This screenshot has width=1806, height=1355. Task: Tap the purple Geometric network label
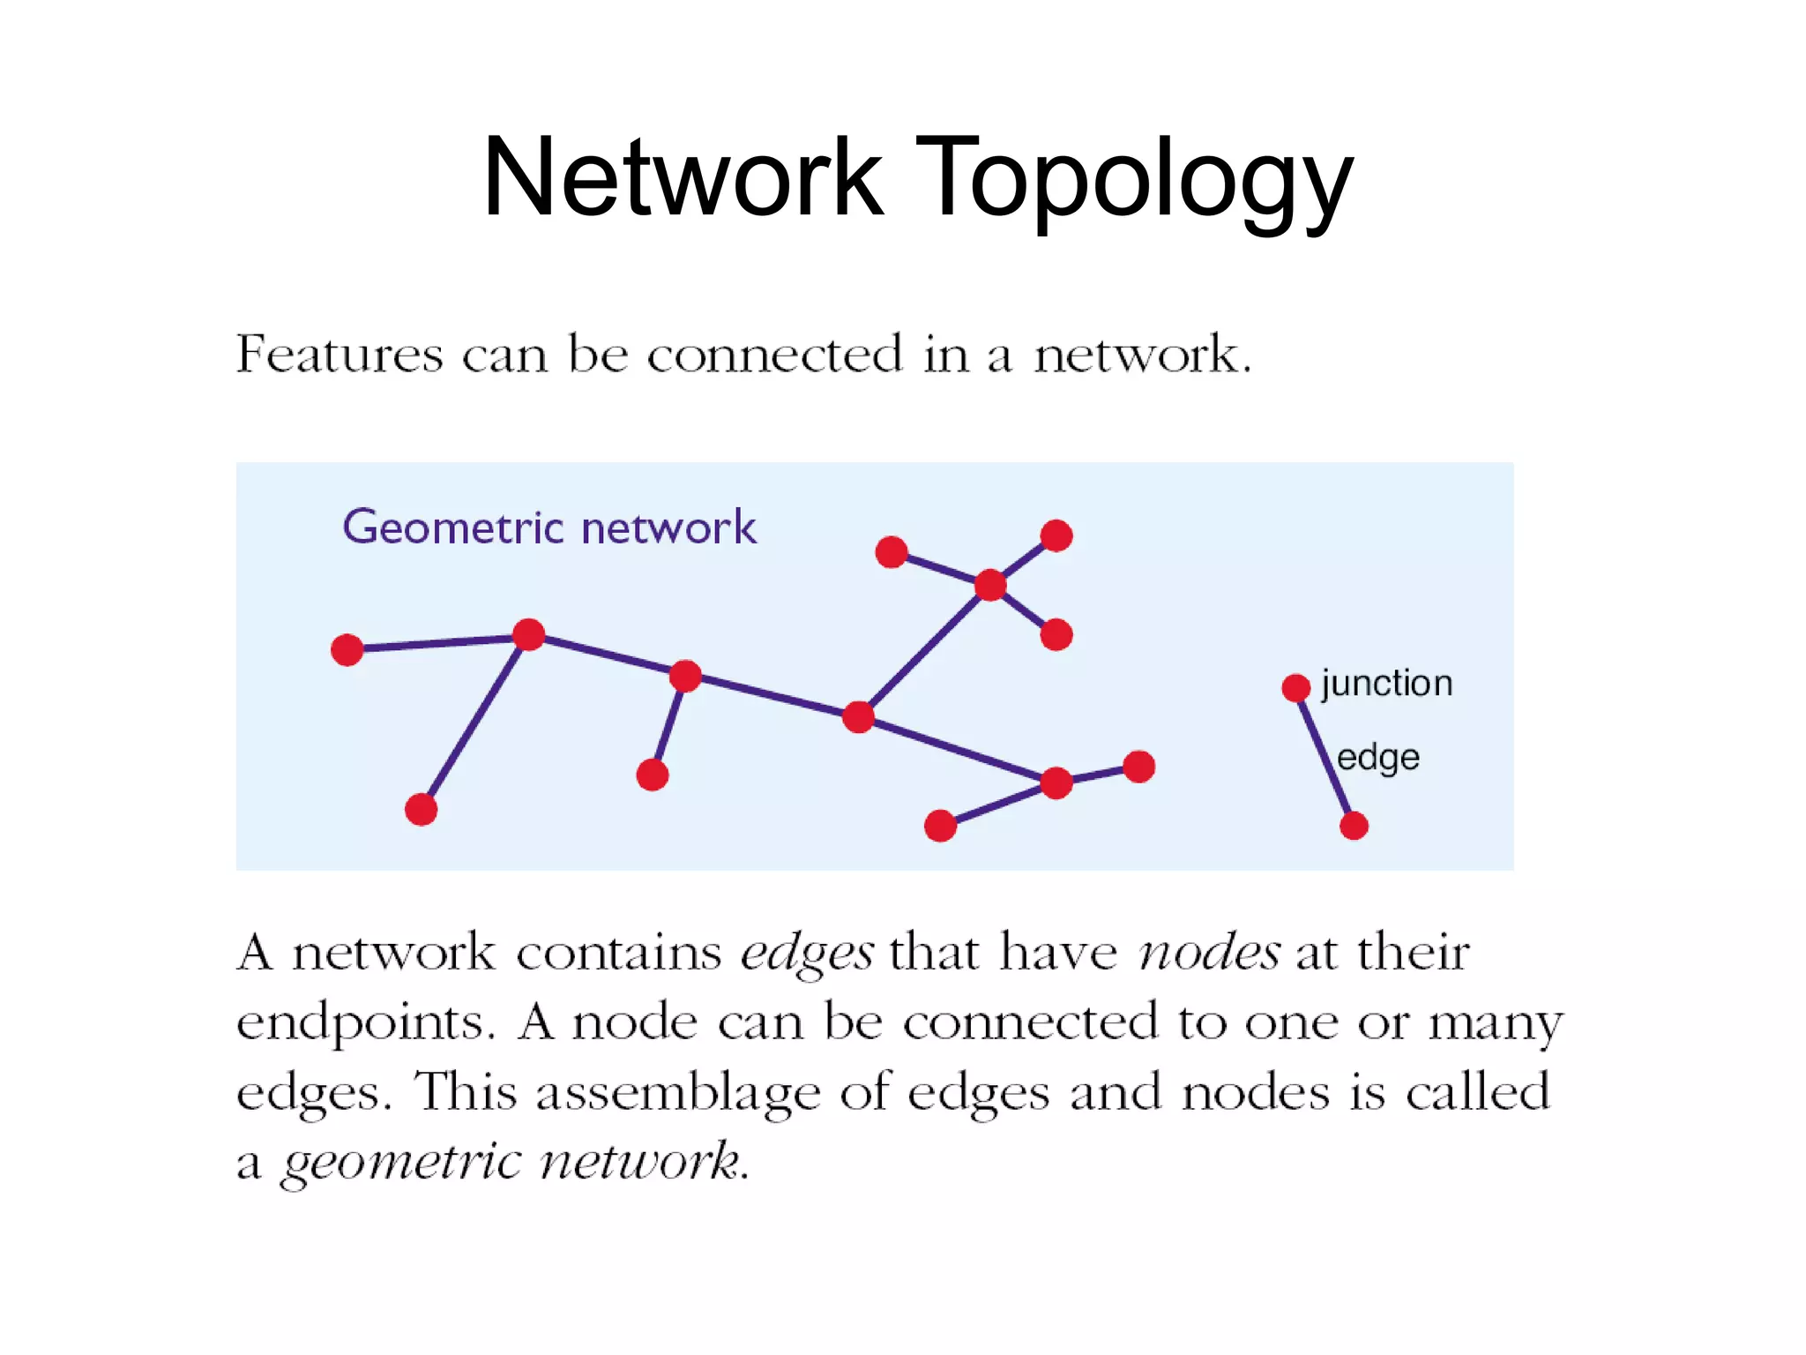coord(549,528)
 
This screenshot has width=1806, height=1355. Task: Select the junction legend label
coord(1386,684)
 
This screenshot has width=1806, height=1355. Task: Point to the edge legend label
coord(1377,758)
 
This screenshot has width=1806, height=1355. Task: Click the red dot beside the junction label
coord(1295,687)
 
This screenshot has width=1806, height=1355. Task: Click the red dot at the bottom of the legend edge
coord(1354,826)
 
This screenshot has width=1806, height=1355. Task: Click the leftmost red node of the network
coord(347,649)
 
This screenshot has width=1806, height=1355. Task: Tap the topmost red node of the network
coord(1056,535)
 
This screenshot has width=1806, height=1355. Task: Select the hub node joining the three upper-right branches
coord(990,584)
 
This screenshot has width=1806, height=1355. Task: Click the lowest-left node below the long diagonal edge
coord(421,809)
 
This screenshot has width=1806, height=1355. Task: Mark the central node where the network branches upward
coord(858,716)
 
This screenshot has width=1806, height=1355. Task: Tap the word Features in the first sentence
coord(339,355)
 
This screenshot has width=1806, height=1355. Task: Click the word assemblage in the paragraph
coord(677,1094)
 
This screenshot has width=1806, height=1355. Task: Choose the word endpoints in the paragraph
coord(364,1024)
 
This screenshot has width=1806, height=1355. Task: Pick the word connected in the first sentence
coord(775,355)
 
